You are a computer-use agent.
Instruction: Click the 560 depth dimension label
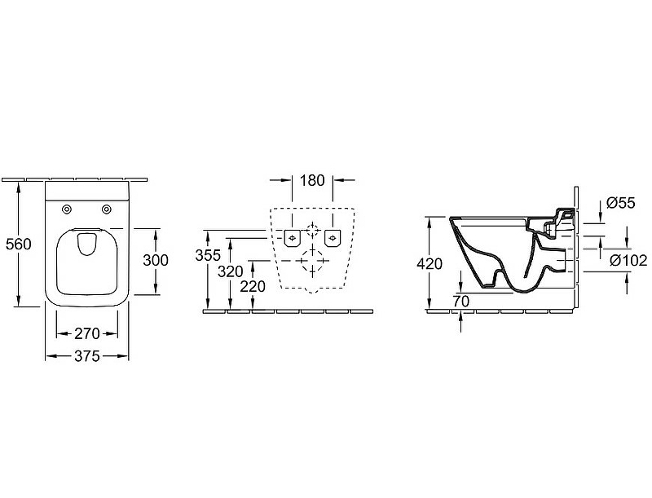point(18,244)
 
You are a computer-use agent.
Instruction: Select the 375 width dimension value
point(87,356)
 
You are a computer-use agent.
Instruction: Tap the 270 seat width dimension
point(87,333)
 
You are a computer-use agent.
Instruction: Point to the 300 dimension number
point(156,260)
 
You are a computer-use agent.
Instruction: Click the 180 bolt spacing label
point(312,180)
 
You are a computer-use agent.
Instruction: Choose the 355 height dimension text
point(208,255)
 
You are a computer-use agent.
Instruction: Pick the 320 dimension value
point(231,271)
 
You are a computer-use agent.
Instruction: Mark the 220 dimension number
point(253,286)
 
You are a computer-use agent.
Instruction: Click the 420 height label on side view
point(430,263)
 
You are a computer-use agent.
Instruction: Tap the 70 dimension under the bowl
point(461,302)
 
